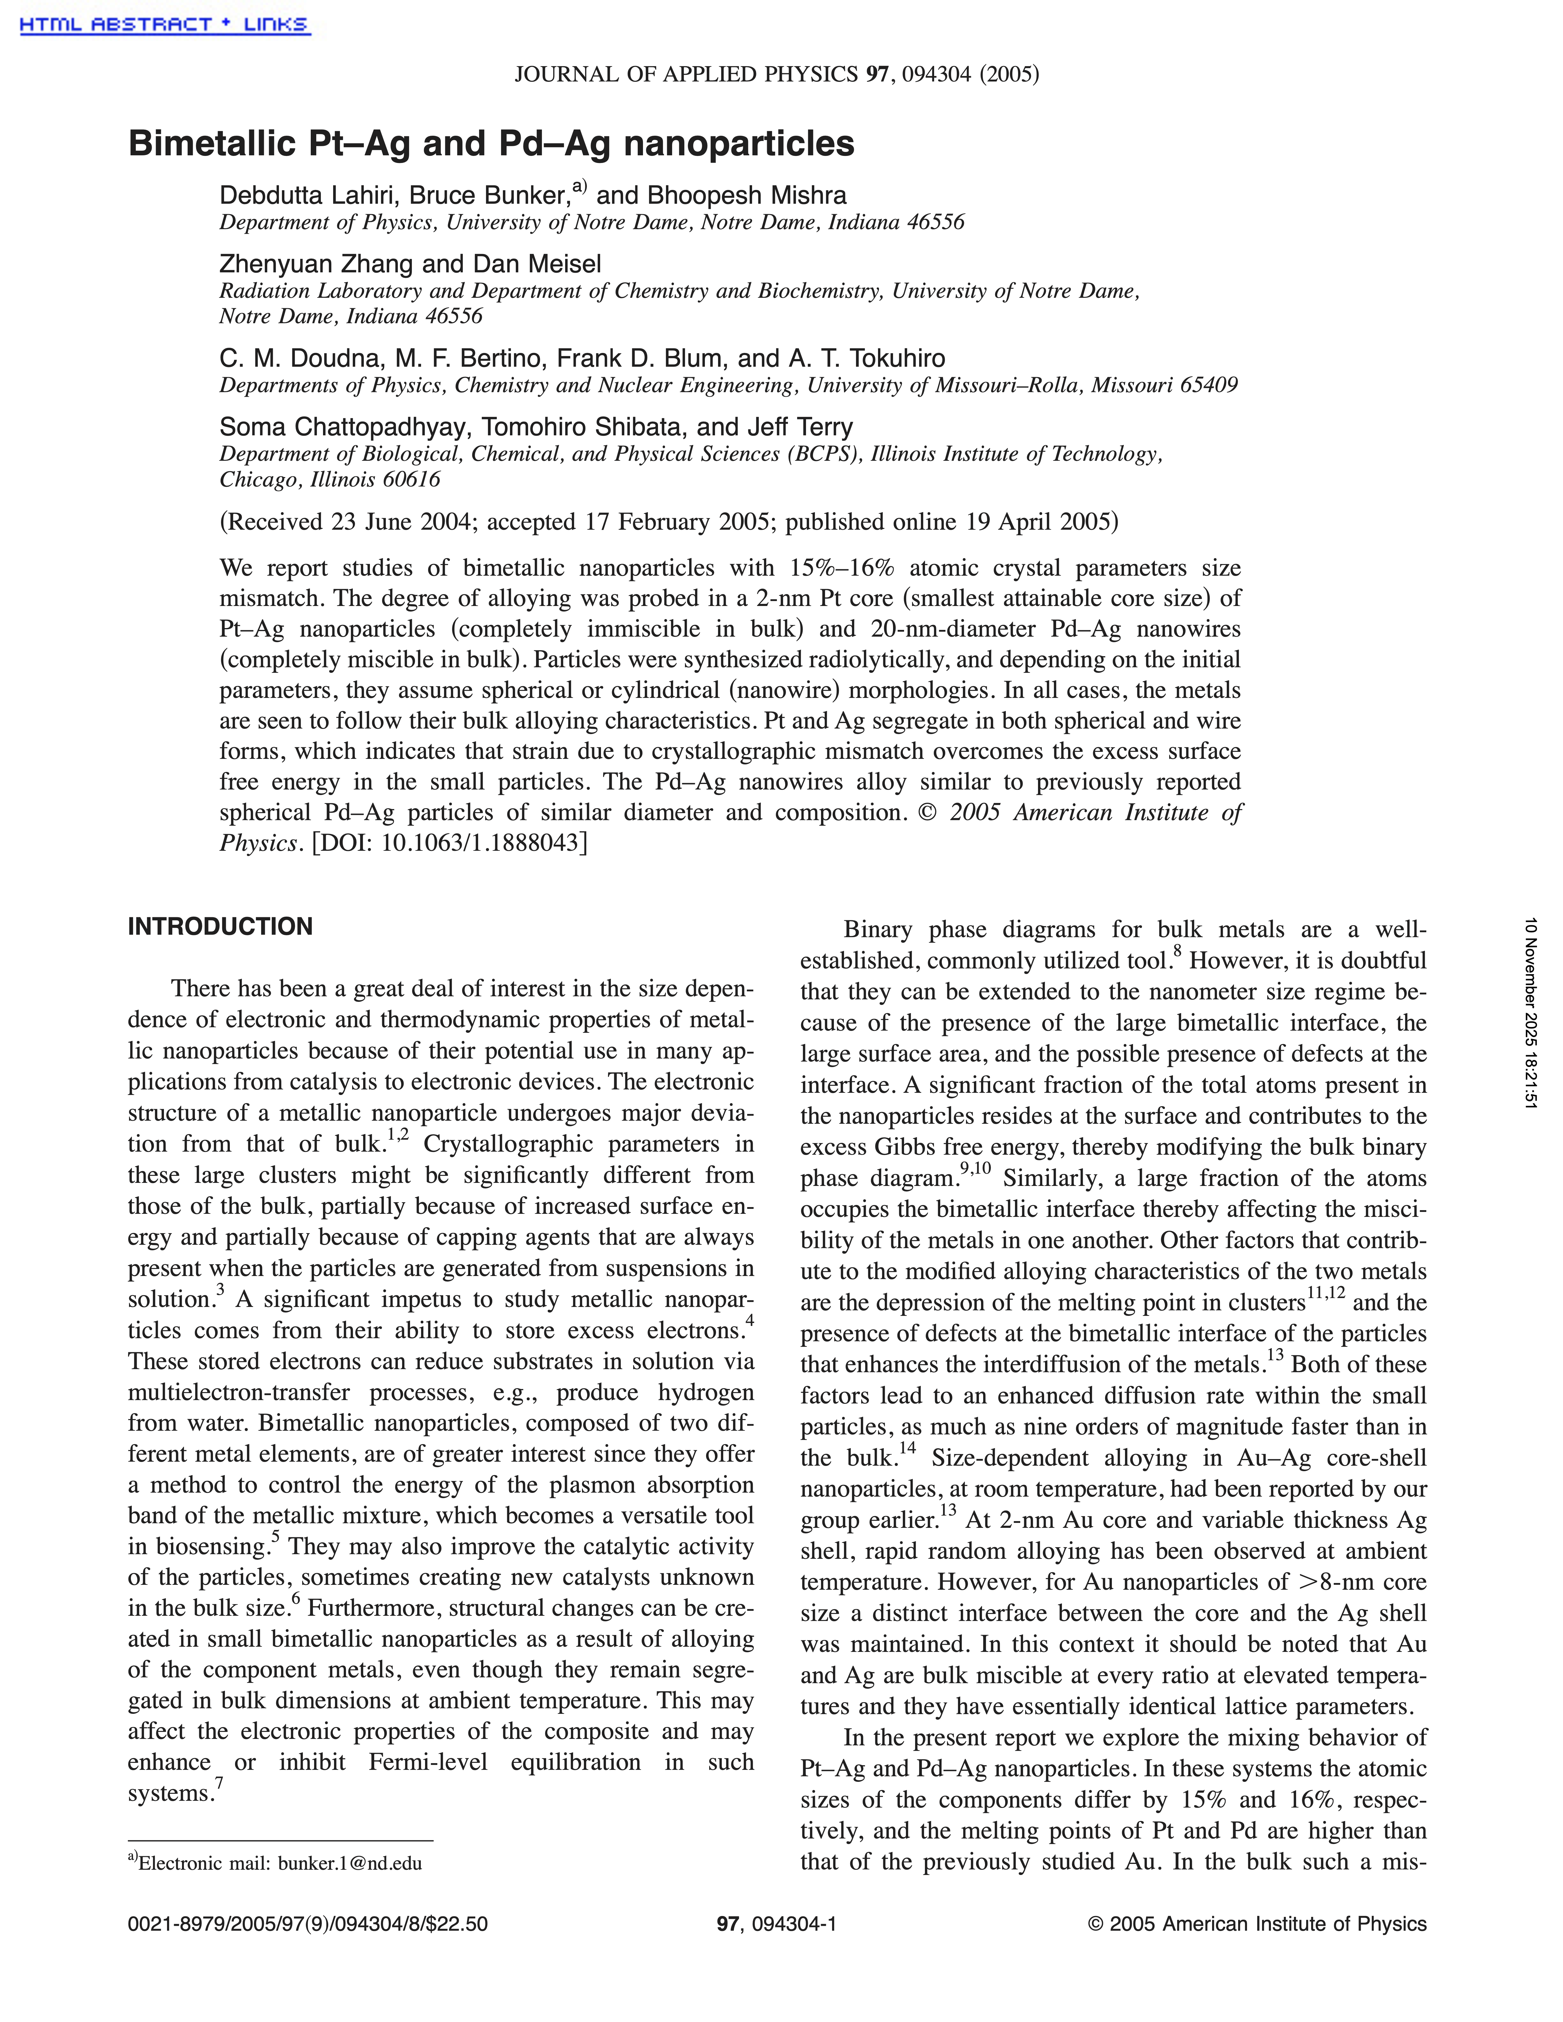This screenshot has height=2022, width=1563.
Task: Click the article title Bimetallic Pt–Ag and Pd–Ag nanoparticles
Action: coord(491,143)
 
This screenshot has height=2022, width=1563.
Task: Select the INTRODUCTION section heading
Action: coord(220,927)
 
